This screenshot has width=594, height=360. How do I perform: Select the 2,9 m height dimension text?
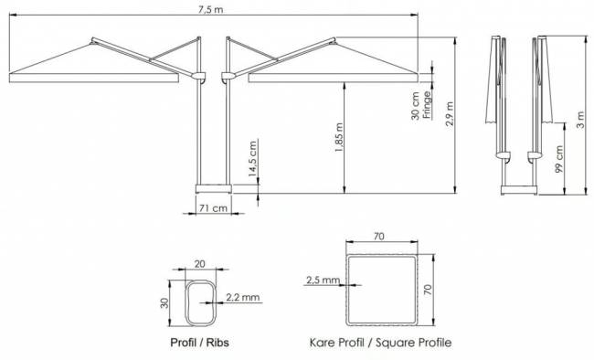450,113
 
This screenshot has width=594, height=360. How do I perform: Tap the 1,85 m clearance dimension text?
339,138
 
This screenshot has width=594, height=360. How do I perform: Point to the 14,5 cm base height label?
253,159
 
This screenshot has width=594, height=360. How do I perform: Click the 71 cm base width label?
213,208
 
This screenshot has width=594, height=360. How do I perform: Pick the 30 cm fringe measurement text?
416,106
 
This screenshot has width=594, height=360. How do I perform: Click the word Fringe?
426,104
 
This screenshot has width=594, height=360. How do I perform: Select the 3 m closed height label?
580,120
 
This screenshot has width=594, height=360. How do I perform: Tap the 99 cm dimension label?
559,160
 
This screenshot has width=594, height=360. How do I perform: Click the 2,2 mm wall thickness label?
243,297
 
